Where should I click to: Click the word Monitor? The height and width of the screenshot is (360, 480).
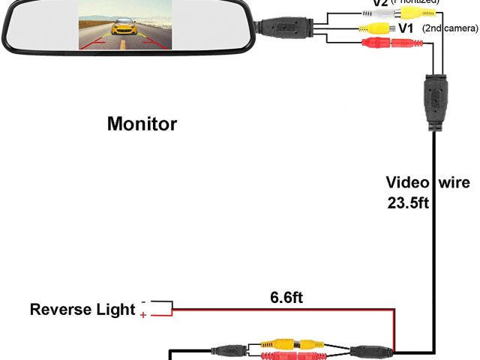(142, 124)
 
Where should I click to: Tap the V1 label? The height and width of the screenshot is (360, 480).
(406, 28)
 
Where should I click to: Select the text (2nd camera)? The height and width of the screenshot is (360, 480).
(451, 28)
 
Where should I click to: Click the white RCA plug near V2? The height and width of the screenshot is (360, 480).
(373, 13)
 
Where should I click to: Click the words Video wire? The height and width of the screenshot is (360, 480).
(427, 182)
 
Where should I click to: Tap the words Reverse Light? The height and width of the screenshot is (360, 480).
(82, 310)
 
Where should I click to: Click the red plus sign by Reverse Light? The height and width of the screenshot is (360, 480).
(143, 316)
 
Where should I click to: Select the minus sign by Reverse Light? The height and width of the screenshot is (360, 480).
(143, 303)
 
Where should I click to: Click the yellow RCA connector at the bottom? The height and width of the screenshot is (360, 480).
(289, 343)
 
